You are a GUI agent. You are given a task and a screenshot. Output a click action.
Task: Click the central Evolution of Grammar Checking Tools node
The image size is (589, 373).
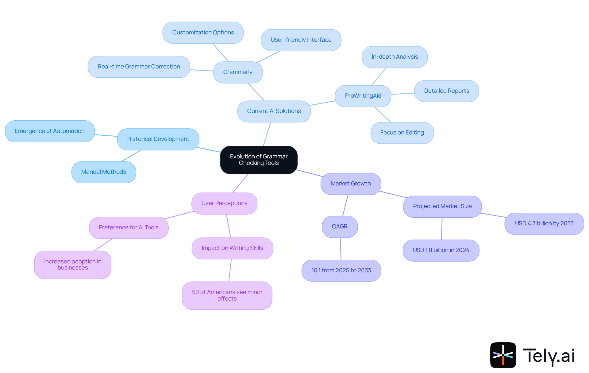click(x=259, y=160)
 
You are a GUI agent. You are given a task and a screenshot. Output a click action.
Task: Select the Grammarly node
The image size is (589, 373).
click(x=238, y=72)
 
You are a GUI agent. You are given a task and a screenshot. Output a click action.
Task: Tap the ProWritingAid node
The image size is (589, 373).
click(x=363, y=96)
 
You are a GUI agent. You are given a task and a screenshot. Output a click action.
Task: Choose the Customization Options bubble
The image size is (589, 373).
click(x=203, y=33)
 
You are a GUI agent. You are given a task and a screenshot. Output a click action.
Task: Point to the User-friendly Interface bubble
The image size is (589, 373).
click(x=301, y=40)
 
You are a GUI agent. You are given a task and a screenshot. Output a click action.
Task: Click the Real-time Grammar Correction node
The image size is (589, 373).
click(x=139, y=67)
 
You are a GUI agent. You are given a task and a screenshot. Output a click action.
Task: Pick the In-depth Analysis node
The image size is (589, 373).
click(x=395, y=57)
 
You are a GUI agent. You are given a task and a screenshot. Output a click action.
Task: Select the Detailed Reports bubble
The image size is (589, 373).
click(x=446, y=91)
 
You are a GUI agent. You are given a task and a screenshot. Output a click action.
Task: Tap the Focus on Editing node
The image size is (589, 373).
click(x=402, y=133)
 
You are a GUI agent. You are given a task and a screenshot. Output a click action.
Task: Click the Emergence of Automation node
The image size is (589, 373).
click(x=49, y=131)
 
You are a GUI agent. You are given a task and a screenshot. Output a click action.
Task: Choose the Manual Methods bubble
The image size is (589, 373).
click(x=103, y=172)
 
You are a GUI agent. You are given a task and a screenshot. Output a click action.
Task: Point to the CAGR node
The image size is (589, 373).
click(x=340, y=227)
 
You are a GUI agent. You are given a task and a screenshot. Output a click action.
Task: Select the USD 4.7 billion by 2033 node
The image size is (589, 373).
click(x=544, y=223)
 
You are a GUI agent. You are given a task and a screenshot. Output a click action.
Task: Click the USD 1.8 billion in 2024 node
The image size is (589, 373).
click(x=441, y=250)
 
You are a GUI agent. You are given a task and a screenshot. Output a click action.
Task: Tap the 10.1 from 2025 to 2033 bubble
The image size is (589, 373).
click(x=341, y=270)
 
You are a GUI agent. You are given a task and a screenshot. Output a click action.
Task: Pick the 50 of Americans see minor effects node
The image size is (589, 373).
click(x=227, y=295)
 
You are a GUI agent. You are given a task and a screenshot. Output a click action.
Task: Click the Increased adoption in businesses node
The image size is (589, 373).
click(x=73, y=265)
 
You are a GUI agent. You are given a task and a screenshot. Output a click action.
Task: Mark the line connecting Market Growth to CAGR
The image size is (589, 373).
click(x=345, y=205)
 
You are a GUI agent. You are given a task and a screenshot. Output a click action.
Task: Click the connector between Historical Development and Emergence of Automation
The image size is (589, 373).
click(x=106, y=135)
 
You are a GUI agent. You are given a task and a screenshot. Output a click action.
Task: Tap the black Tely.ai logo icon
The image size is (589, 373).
click(x=503, y=355)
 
